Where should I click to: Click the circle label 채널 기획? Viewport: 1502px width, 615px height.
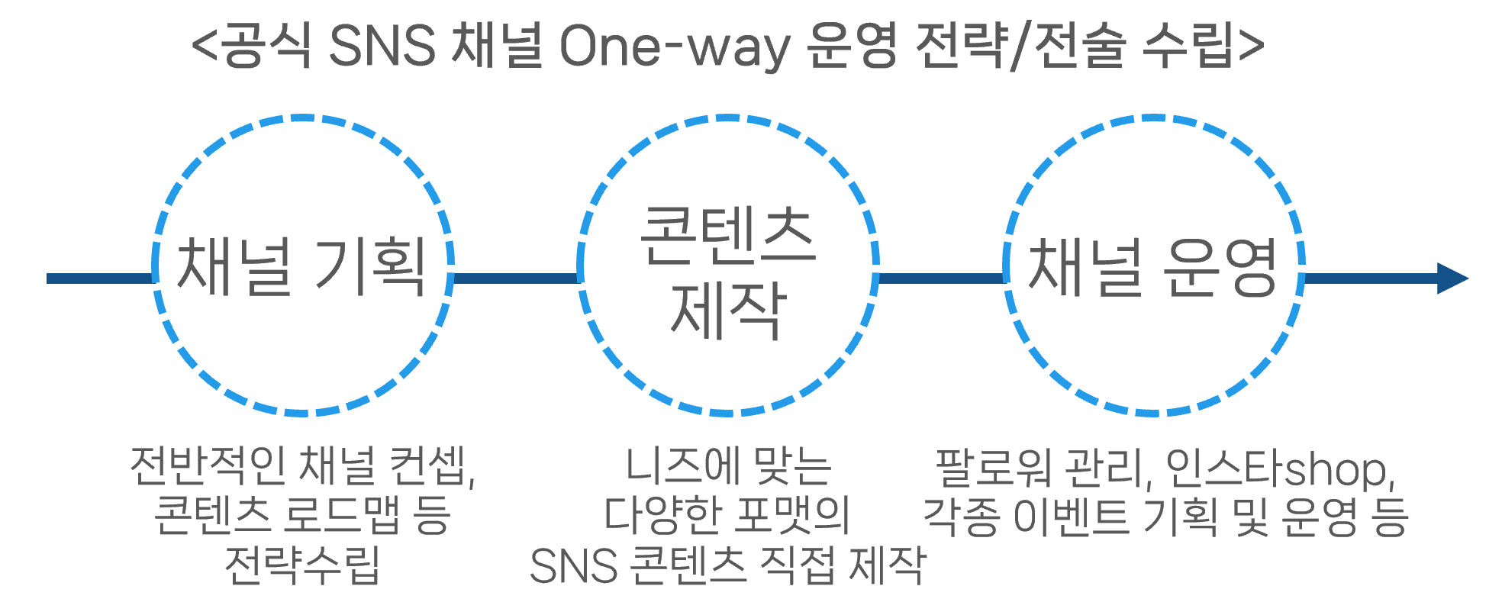(x=301, y=266)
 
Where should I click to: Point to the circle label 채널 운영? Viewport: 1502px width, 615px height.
(x=1152, y=266)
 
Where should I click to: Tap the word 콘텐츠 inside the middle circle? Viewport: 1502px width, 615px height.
(x=727, y=236)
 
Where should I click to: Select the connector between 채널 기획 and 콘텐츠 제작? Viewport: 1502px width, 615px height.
(x=516, y=279)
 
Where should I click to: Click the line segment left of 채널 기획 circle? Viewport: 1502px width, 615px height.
(x=100, y=279)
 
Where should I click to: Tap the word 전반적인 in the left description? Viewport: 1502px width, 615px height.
(x=208, y=465)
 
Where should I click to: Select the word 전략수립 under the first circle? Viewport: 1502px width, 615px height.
(x=302, y=565)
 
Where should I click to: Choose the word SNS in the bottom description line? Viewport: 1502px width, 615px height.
(x=573, y=566)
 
